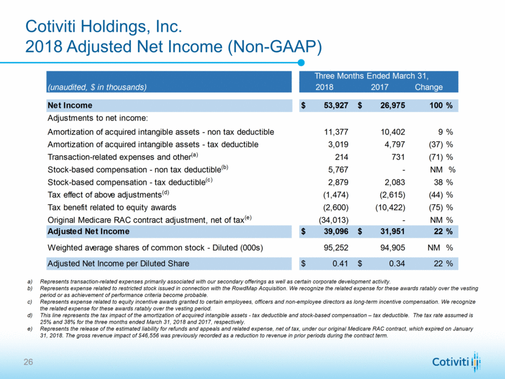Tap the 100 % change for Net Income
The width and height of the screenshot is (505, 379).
tap(439, 105)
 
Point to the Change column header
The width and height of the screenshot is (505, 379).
tap(428, 88)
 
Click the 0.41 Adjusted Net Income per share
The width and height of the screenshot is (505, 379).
tap(338, 263)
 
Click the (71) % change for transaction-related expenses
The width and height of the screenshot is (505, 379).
tap(437, 158)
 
